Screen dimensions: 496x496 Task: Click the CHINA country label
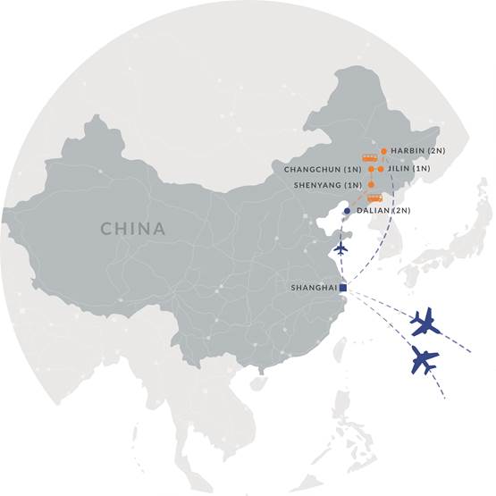[x=132, y=229]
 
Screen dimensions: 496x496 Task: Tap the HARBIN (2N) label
[x=415, y=151]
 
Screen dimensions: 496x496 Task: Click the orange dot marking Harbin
[x=383, y=151]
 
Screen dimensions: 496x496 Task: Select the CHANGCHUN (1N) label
[x=323, y=169]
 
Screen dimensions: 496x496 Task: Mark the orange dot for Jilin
[x=381, y=168]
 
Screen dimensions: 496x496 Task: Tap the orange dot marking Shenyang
[x=371, y=185]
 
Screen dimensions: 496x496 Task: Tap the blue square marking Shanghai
[x=343, y=287]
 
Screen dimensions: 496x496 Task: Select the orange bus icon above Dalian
[x=375, y=198]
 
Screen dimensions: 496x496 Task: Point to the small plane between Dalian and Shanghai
[x=341, y=248]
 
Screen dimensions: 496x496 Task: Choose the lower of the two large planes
[x=425, y=359]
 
